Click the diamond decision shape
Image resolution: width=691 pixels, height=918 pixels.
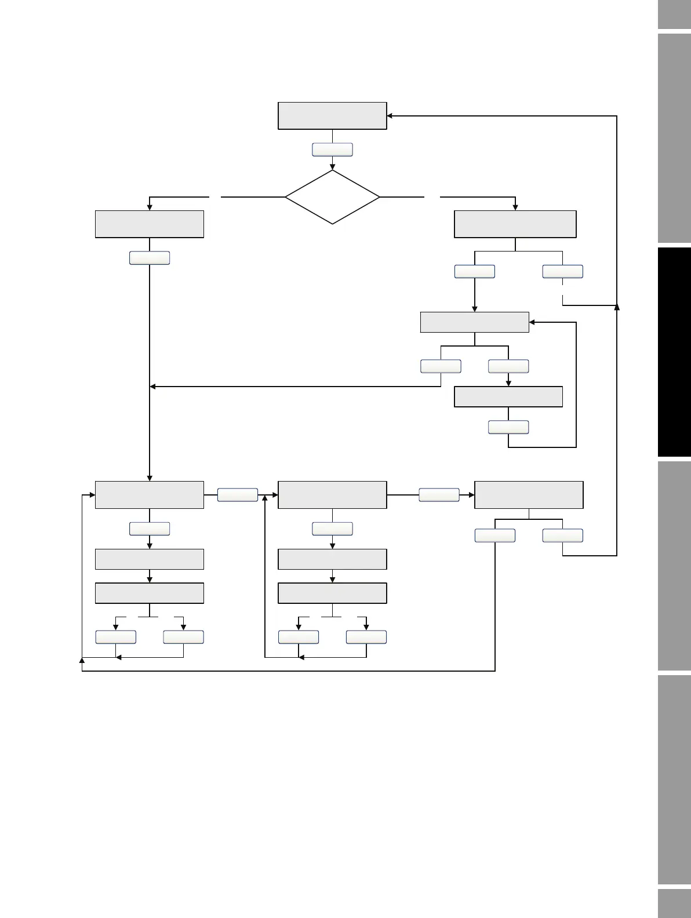(x=332, y=197)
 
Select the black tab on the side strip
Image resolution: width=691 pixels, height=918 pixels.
(x=674, y=352)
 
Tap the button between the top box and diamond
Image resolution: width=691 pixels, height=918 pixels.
(x=332, y=150)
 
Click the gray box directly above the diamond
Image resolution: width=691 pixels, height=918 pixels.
(x=332, y=116)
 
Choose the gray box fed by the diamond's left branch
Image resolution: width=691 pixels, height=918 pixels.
(x=150, y=224)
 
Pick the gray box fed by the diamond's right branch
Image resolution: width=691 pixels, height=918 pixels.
(x=515, y=224)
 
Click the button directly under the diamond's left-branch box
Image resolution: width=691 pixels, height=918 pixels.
(x=150, y=258)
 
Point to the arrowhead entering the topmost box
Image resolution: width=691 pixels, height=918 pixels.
(x=390, y=116)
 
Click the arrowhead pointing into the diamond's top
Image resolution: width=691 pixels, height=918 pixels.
(x=332, y=167)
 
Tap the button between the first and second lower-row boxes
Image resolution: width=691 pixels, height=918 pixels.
(x=238, y=495)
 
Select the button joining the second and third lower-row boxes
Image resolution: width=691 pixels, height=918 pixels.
(x=439, y=495)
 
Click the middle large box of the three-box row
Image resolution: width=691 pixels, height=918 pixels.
(x=332, y=495)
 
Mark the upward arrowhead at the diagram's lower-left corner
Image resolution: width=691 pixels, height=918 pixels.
(x=82, y=660)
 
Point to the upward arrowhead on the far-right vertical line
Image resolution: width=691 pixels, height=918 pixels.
(x=617, y=305)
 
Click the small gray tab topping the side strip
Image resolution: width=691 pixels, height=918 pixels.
(x=674, y=14)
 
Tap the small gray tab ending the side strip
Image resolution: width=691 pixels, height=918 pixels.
(x=674, y=904)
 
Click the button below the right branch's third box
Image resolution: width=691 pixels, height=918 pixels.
(x=508, y=427)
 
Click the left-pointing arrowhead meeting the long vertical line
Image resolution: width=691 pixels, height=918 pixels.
(x=153, y=387)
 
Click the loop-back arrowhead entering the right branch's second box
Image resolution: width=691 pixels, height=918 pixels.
(x=532, y=322)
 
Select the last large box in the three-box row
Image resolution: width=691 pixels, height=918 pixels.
(x=529, y=495)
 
